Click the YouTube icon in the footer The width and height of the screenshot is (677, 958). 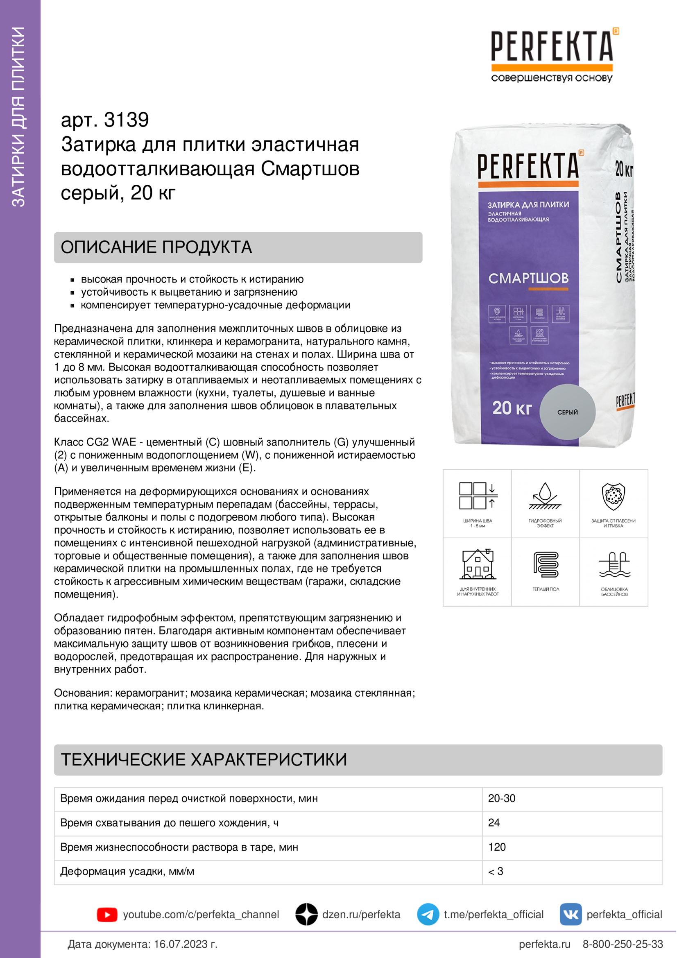click(107, 914)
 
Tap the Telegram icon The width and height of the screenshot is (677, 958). click(428, 914)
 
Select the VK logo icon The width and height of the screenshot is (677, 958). click(570, 914)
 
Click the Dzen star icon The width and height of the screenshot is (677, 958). click(307, 914)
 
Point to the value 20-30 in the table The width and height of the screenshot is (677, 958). click(501, 799)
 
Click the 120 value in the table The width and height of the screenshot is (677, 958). click(497, 847)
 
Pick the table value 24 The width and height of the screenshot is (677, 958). click(494, 823)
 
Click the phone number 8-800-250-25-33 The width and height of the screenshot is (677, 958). click(623, 944)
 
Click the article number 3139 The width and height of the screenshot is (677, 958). click(126, 120)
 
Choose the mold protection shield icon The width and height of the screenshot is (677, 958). click(613, 496)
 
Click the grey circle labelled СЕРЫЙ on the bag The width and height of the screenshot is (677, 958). click(567, 412)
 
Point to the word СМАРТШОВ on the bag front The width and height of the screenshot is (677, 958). click(528, 278)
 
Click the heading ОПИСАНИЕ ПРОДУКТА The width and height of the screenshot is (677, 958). click(156, 247)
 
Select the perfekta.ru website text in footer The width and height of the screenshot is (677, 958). click(544, 944)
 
